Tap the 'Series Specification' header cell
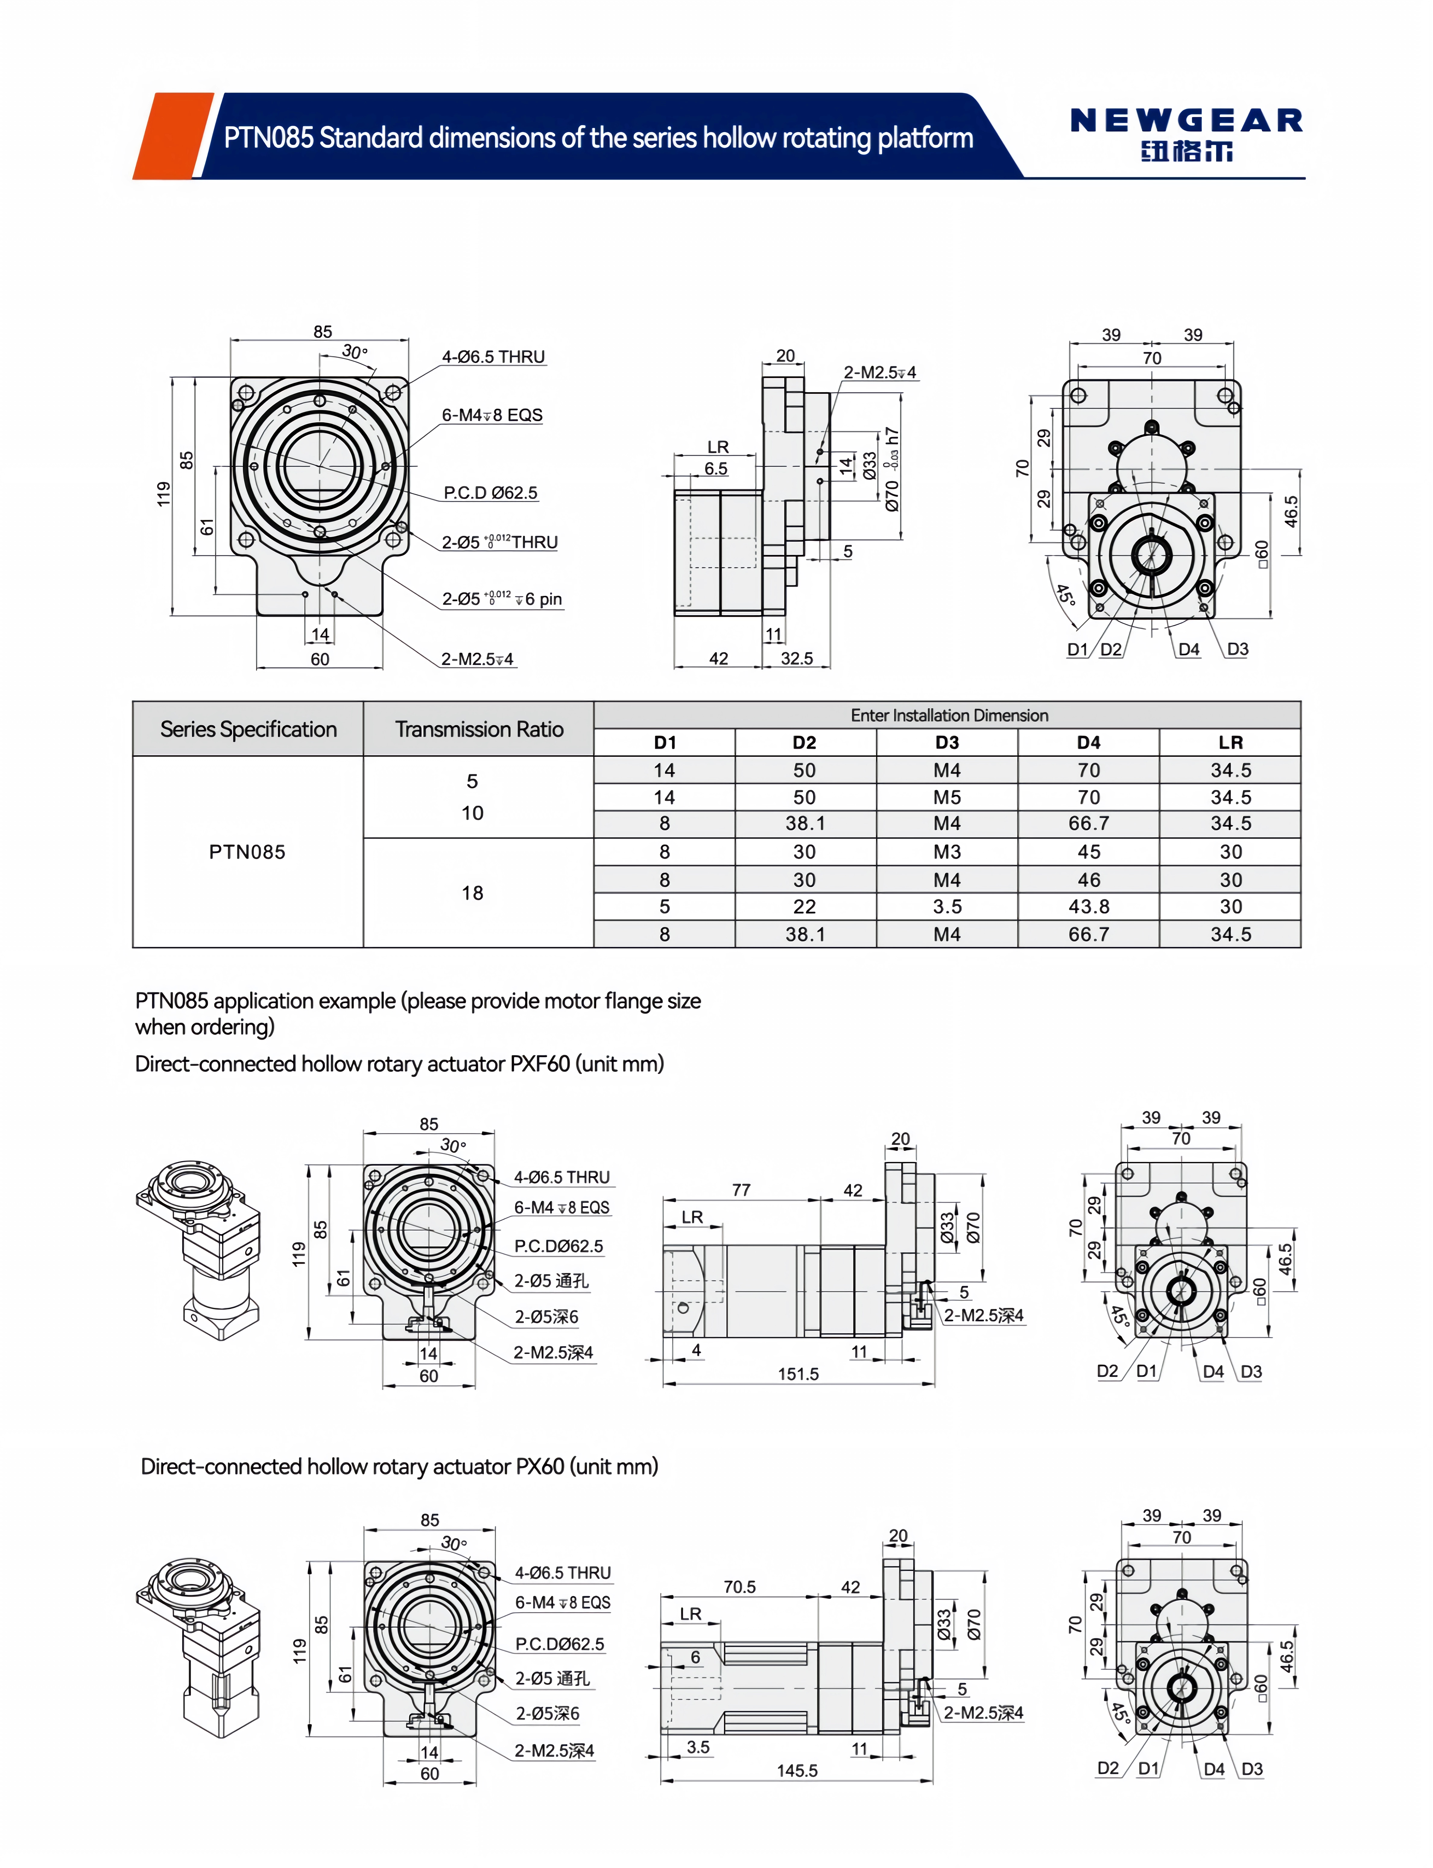point(248,730)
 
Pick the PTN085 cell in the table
point(247,852)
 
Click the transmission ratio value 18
point(473,893)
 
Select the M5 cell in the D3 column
point(947,797)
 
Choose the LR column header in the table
point(1230,742)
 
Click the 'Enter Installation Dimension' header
point(948,715)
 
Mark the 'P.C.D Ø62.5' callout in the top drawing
point(490,492)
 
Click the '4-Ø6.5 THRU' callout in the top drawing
point(493,357)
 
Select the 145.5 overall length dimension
point(797,1771)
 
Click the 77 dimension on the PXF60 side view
point(741,1190)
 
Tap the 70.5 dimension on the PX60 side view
point(739,1587)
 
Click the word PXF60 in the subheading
point(539,1064)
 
